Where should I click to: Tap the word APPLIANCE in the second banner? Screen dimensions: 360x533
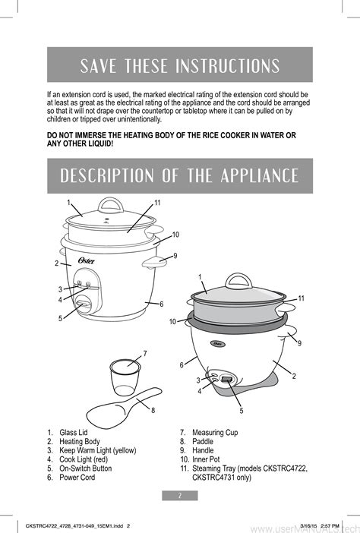coord(260,175)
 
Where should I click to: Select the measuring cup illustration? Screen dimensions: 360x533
coord(125,377)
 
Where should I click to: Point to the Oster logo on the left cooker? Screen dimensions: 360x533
coord(87,260)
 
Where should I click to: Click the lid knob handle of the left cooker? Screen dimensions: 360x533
coord(110,205)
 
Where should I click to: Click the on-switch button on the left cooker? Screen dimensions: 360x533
coord(84,303)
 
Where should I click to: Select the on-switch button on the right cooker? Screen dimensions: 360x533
coord(227,378)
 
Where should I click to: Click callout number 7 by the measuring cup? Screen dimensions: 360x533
coord(145,354)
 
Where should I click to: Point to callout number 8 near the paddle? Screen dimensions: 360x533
coord(153,410)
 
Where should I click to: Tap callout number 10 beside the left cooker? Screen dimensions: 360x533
coord(175,235)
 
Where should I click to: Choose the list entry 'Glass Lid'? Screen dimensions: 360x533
coord(74,432)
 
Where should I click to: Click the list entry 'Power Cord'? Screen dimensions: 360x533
coord(77,478)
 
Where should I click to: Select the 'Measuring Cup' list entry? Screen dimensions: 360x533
coord(215,432)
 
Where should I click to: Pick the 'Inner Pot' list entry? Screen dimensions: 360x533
coord(206,459)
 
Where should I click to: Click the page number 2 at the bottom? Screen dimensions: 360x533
coord(180,495)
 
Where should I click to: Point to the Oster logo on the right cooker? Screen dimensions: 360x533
coord(219,343)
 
